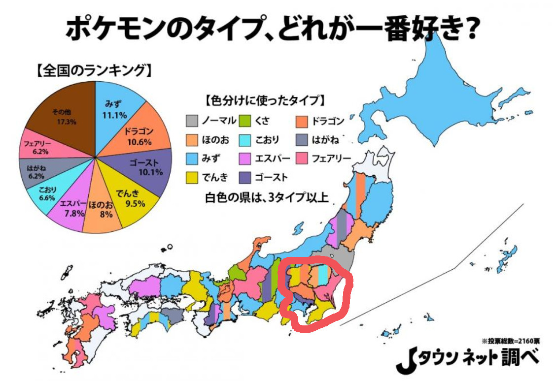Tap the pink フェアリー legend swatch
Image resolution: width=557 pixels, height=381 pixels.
[x=303, y=158]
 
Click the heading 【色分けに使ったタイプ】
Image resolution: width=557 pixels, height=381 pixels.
[x=265, y=100]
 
